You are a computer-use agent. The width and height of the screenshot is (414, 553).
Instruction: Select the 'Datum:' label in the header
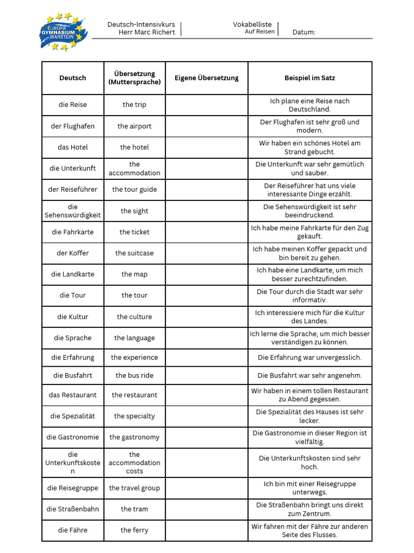pos(304,32)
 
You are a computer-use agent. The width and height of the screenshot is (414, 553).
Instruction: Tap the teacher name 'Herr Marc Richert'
pos(147,32)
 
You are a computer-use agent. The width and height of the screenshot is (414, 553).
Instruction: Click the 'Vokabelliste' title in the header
pos(252,24)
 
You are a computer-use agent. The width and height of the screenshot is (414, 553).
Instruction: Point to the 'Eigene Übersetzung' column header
pos(206,78)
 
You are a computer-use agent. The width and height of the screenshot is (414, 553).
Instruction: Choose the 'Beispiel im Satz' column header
pos(310,78)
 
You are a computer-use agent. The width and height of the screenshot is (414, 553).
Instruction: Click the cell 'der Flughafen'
pos(73,126)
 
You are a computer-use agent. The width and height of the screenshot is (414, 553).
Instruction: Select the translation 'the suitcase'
pos(134,253)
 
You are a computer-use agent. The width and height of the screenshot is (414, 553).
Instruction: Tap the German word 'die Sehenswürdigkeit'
pos(73,211)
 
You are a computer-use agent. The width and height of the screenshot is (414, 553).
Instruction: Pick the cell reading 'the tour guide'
pos(134,190)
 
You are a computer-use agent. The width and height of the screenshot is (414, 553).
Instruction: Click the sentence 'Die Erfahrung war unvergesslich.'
pos(310,358)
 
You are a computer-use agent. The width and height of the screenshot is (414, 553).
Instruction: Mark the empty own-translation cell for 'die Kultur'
pos(206,317)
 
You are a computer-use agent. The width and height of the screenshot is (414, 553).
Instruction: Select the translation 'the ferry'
pos(134,530)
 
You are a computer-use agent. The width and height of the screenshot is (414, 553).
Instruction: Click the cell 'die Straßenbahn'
pos(73,509)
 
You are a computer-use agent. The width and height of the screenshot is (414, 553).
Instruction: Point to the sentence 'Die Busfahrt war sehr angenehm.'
pos(310,375)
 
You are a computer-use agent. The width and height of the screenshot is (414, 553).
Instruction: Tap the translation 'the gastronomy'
pos(134,437)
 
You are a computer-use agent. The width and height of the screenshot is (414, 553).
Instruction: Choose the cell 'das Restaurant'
pos(73,395)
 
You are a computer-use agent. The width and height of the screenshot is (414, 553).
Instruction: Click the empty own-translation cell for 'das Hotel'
pos(206,147)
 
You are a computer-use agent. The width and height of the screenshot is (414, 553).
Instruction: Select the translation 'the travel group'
pos(134,488)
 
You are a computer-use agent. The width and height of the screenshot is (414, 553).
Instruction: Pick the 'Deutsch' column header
pos(73,78)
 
